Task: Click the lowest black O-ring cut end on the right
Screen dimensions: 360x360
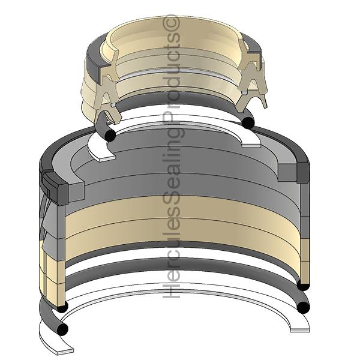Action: pos(303,307)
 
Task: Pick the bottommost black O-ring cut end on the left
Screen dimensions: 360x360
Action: pos(62,329)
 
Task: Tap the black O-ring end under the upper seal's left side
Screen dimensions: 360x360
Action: pos(110,136)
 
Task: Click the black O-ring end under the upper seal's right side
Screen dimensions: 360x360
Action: pos(248,122)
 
